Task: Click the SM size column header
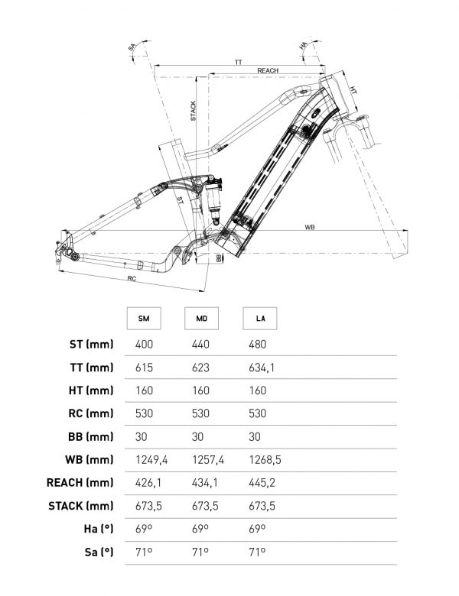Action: (144, 318)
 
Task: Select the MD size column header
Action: (201, 318)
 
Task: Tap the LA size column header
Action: (259, 318)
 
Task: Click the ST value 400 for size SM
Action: (144, 345)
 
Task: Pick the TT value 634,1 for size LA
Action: (262, 368)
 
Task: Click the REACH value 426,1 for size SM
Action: (148, 482)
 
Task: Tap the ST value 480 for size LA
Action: (259, 345)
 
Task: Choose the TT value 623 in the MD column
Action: (200, 368)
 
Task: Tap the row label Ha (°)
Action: (97, 528)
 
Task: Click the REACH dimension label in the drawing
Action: (267, 70)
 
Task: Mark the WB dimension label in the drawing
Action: (310, 227)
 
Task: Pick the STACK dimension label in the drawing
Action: (193, 111)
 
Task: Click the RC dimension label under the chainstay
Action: (132, 280)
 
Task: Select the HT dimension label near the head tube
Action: (353, 90)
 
